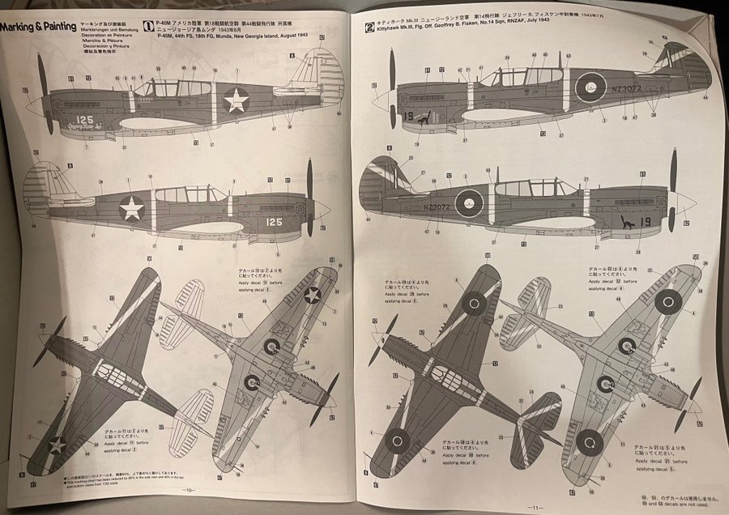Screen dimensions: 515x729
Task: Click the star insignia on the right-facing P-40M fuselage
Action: [131, 208]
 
